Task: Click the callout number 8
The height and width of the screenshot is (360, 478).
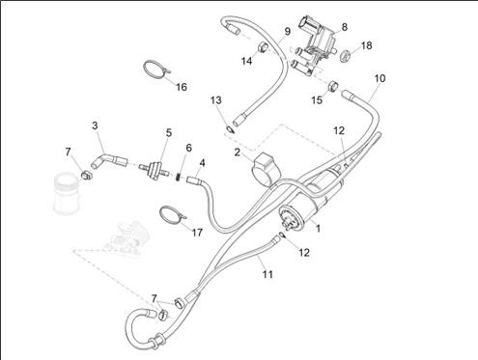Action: [345, 27]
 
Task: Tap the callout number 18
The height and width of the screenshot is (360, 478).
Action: [366, 45]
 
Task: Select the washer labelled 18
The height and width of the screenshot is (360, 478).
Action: [346, 56]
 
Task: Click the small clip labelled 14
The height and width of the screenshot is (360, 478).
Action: [264, 47]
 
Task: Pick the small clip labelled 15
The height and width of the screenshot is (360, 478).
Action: [333, 86]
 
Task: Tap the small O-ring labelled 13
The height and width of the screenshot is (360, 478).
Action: [231, 130]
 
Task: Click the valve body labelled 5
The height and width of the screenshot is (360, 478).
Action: [155, 169]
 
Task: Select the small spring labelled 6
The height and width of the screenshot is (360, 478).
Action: [178, 177]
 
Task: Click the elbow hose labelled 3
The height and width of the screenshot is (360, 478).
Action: [108, 160]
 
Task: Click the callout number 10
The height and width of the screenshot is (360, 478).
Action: [380, 78]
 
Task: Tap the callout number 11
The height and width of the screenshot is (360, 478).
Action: [267, 274]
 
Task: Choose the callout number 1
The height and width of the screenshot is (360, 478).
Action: [318, 228]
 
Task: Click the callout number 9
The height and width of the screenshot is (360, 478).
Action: [288, 31]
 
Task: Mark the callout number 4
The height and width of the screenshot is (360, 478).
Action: [202, 163]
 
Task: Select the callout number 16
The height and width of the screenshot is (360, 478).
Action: [182, 87]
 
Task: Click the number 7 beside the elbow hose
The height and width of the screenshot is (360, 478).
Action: [68, 152]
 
